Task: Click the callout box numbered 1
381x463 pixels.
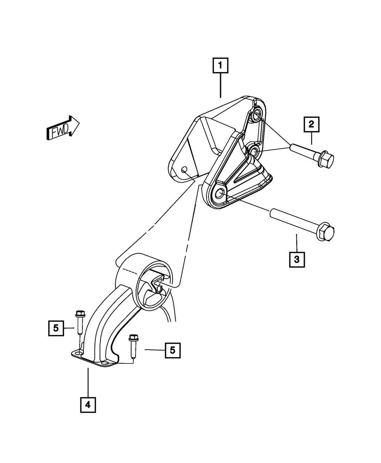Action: pos(221,66)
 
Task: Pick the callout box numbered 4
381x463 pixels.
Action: pos(88,405)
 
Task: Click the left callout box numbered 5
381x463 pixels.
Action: pos(56,328)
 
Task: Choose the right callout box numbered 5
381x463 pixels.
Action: pos(173,350)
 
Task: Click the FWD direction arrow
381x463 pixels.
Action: pos(62,127)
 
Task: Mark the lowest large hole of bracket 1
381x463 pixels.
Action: pos(219,194)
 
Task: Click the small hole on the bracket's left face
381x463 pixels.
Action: pos(184,170)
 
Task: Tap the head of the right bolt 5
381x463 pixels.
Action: pos(133,338)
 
